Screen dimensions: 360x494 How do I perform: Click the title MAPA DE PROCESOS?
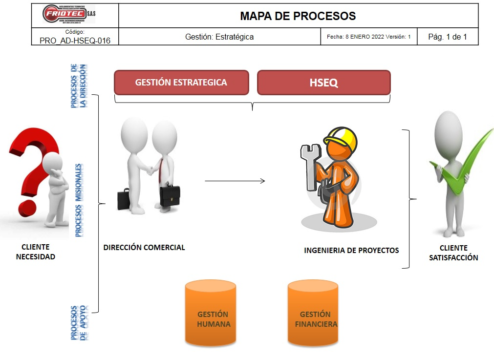[x=298, y=16]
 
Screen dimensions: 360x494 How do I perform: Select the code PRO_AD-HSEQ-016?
[x=75, y=41]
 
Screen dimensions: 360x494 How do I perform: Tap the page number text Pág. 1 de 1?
[x=448, y=37]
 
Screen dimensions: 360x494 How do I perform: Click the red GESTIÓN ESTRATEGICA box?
[x=181, y=83]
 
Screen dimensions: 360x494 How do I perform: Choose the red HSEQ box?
[x=323, y=83]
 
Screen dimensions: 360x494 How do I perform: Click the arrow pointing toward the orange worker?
[x=235, y=181]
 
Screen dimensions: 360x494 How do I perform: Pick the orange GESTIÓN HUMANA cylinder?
[x=211, y=313]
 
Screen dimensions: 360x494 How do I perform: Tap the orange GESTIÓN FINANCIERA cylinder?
[x=313, y=313]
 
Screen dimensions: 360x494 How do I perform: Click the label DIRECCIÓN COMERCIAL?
[x=144, y=248]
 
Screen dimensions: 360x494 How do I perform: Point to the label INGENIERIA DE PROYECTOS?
[x=351, y=251]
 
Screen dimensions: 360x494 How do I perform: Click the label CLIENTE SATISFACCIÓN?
[x=453, y=253]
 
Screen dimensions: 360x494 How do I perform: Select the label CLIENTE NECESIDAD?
[x=36, y=252]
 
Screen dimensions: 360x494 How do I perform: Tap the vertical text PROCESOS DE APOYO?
[x=79, y=322]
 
